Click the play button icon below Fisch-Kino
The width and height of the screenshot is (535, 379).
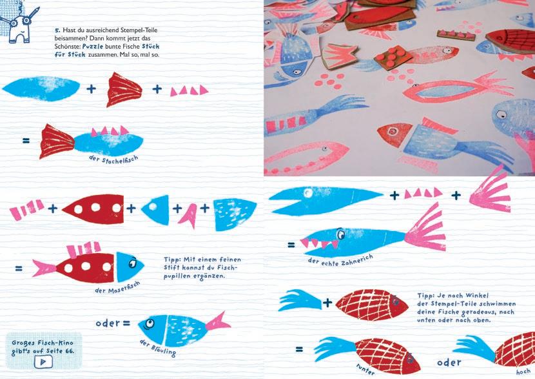tap(43, 362)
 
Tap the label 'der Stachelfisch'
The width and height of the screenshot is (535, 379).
tap(113, 159)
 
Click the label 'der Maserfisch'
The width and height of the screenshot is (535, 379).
tap(117, 288)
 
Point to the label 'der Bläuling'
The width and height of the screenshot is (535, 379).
tap(158, 348)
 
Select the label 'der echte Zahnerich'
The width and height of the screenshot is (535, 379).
tap(340, 260)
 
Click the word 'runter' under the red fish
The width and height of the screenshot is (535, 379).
tap(365, 369)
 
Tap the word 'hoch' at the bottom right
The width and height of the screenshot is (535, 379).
tap(523, 372)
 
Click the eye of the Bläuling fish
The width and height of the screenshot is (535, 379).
tap(149, 323)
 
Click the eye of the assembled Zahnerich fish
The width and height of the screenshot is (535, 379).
tap(340, 234)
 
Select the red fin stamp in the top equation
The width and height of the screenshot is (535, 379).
tap(124, 89)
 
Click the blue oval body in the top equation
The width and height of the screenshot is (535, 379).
tap(41, 88)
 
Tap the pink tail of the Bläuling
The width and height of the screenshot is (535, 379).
tap(218, 322)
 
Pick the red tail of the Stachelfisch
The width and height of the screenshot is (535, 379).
tap(57, 141)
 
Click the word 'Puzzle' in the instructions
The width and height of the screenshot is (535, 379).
tap(93, 46)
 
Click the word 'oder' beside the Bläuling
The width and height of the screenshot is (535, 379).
tap(108, 323)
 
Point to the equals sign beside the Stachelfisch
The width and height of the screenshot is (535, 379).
tap(26, 141)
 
